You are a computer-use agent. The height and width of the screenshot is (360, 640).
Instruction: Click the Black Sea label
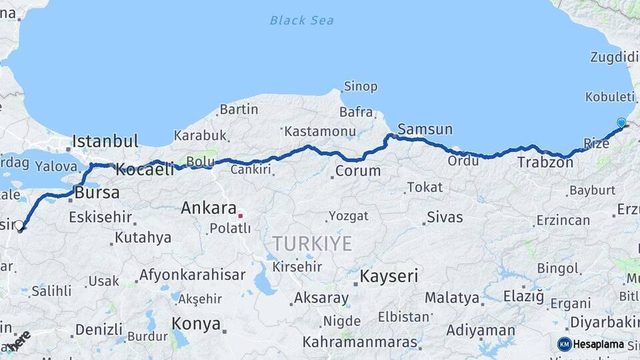301,21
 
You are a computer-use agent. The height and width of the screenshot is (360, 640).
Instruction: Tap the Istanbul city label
105,141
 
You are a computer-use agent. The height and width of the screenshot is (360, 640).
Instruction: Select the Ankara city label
209,208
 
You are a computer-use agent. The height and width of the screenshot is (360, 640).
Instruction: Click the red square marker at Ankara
241,215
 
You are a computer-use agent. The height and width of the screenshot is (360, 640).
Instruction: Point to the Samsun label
425,129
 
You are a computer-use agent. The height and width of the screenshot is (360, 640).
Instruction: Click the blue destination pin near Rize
621,123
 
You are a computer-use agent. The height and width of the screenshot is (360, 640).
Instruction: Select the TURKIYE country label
312,244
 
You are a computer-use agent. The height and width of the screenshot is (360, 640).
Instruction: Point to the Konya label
196,324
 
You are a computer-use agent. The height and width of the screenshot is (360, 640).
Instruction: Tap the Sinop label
361,87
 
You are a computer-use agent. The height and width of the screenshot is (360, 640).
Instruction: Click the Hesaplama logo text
599,344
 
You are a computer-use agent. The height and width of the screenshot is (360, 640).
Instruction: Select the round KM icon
564,344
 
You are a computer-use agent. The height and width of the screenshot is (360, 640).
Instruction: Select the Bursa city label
97,193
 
